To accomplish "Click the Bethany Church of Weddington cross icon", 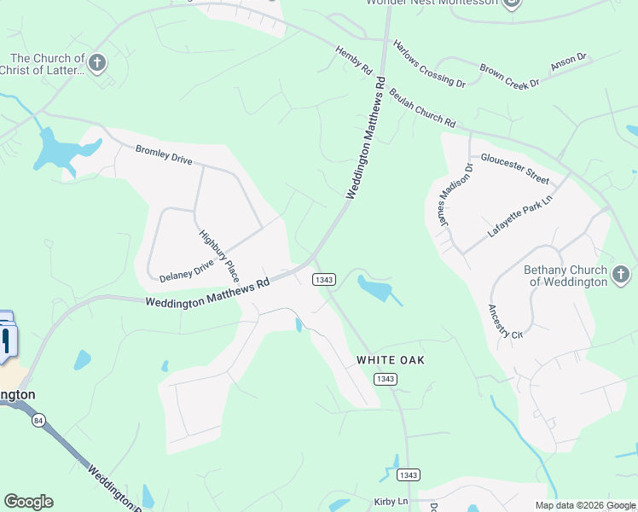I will tap(621, 275).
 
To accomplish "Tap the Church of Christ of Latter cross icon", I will tap(98, 62).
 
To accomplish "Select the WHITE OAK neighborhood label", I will tap(390, 360).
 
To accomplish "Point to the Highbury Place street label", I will tap(219, 256).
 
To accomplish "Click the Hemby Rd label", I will tap(355, 59).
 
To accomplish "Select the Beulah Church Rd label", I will tap(422, 108).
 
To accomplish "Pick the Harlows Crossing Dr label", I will tap(428, 63).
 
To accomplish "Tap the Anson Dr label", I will tap(569, 61).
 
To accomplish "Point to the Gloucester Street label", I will tap(514, 168).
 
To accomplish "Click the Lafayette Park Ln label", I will tap(520, 218).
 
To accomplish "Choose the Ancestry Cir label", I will tap(505, 322).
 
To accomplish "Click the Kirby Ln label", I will tap(391, 502).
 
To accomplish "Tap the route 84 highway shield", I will tap(38, 420).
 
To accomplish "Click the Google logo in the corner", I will tap(28, 502).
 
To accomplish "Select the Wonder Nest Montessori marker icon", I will tap(512, 3).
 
